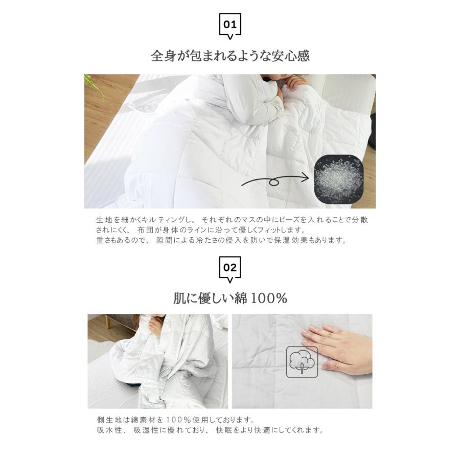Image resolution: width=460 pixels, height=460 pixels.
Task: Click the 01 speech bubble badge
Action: [x=230, y=26]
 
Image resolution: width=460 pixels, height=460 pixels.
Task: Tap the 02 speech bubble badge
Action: [x=230, y=269]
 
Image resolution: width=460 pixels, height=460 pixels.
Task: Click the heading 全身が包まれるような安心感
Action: [x=231, y=56]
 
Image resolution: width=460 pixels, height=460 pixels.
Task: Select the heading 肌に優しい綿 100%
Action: [x=231, y=298]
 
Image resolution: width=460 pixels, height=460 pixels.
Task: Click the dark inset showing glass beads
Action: [x=339, y=179]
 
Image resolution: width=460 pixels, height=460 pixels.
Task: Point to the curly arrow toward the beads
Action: [x=274, y=181]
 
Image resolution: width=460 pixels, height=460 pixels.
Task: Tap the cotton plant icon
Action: [x=302, y=362]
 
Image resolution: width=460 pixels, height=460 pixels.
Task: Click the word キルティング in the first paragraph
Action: [x=162, y=220]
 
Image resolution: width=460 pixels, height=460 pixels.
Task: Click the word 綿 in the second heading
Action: [x=241, y=298]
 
